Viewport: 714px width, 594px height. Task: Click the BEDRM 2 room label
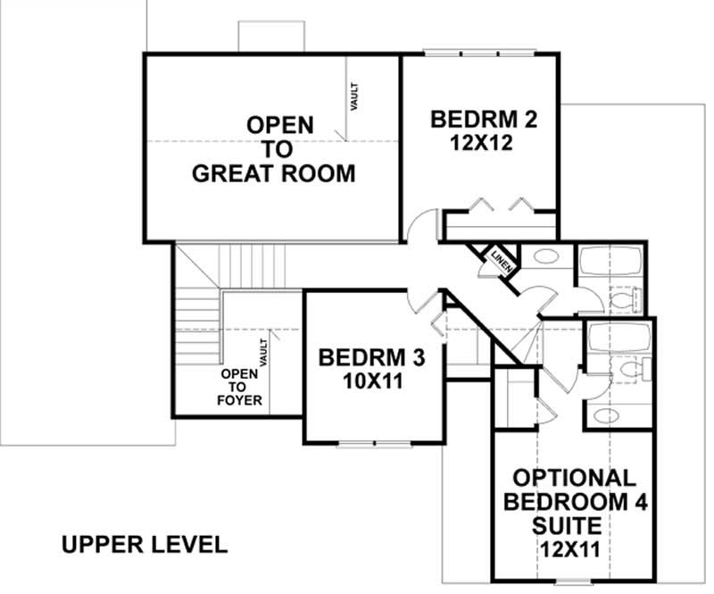tap(483, 119)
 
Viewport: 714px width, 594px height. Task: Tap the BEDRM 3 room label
tap(371, 358)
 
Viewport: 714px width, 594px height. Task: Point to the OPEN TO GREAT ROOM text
tap(274, 148)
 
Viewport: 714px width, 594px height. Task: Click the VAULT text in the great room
tap(354, 96)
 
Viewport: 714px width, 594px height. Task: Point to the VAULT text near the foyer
tap(264, 351)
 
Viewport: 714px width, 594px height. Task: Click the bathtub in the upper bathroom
tap(610, 263)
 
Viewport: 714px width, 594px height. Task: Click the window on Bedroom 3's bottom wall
tap(374, 443)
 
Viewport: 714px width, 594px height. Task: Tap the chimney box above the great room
tap(271, 36)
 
